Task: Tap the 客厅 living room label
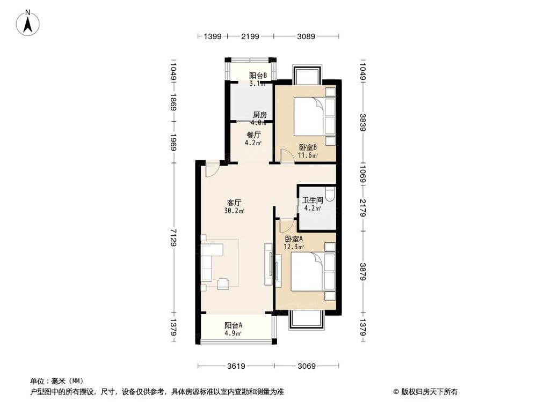click(x=234, y=203)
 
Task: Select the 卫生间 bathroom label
click(x=313, y=200)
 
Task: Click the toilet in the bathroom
click(x=330, y=193)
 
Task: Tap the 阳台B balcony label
click(x=258, y=76)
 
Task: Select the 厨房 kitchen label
click(x=260, y=114)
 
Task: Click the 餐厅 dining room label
click(x=253, y=135)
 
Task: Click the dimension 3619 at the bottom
click(x=235, y=366)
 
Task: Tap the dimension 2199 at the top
click(x=250, y=36)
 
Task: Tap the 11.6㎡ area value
click(x=308, y=156)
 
